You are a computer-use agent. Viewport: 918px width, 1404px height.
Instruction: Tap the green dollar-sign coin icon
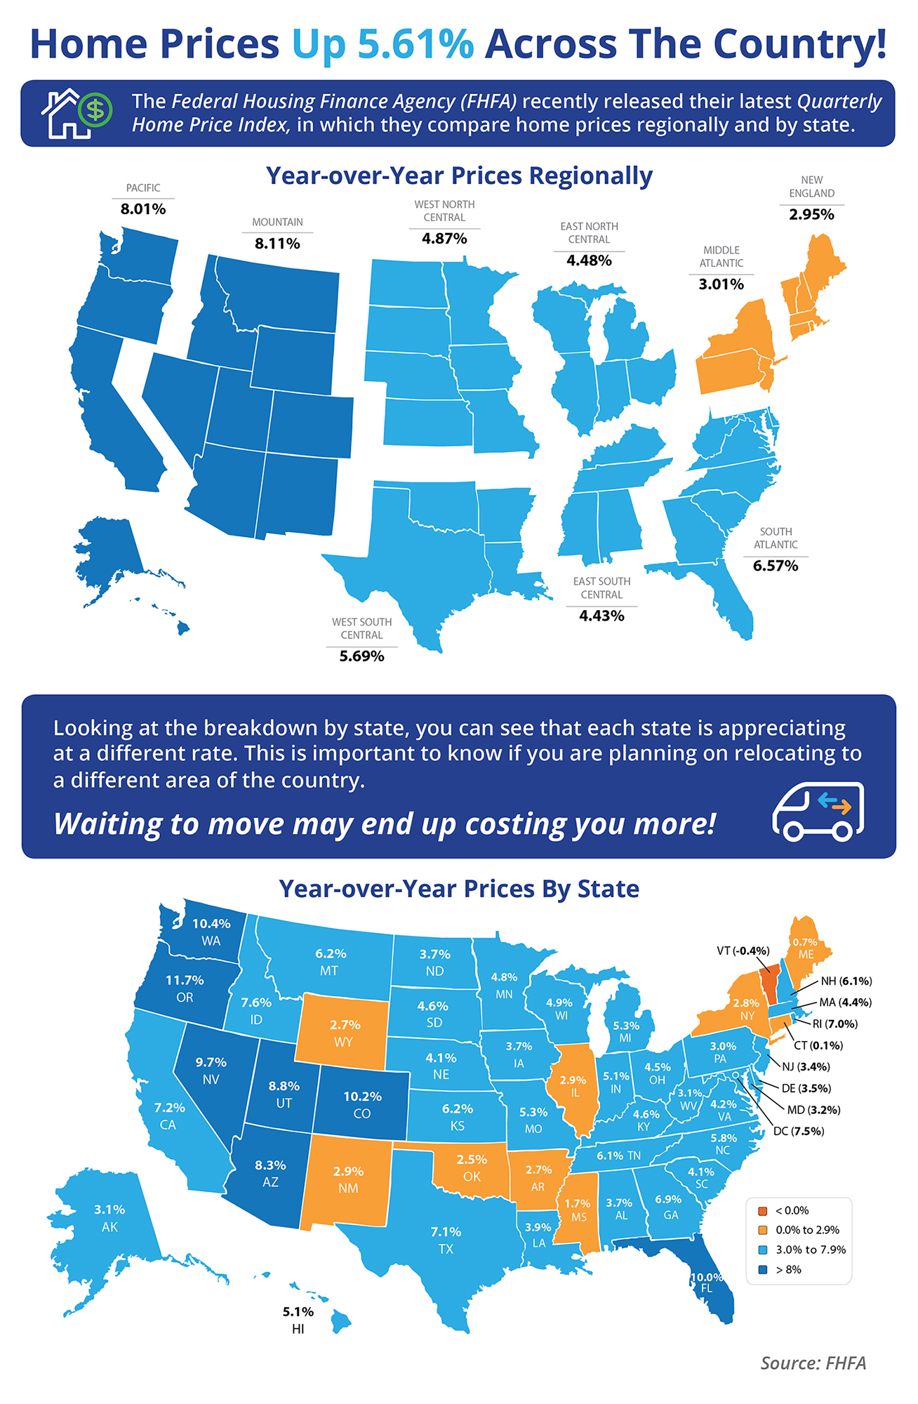(95, 110)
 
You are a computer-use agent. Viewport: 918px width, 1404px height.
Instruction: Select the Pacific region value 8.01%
(143, 209)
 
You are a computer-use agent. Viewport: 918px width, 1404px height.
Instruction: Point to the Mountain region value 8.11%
(277, 244)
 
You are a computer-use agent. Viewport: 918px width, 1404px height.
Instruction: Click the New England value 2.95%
(811, 215)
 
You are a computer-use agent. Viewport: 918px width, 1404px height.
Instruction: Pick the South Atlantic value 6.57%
(776, 566)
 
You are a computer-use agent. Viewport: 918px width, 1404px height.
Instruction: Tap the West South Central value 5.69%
(361, 656)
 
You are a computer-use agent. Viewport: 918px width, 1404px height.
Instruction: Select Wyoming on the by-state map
(342, 1032)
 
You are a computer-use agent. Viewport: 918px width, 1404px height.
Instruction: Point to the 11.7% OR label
(185, 988)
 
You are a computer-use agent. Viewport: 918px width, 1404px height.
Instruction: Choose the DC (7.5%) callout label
(798, 1131)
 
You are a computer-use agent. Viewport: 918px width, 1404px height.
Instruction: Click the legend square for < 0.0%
(762, 1211)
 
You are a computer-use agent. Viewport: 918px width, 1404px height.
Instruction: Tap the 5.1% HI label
(298, 1320)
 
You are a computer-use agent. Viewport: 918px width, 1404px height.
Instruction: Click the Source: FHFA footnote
(813, 1363)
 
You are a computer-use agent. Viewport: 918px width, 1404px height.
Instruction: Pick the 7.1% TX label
(446, 1240)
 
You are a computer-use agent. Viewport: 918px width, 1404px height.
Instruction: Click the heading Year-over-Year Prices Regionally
(459, 175)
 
